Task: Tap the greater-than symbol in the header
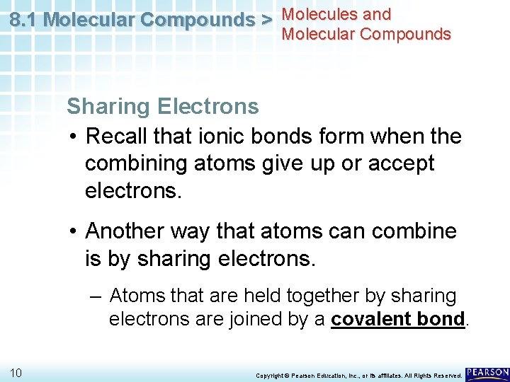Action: point(267,20)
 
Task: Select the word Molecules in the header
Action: point(317,14)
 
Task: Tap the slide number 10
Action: point(17,372)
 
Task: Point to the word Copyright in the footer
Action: point(273,375)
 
